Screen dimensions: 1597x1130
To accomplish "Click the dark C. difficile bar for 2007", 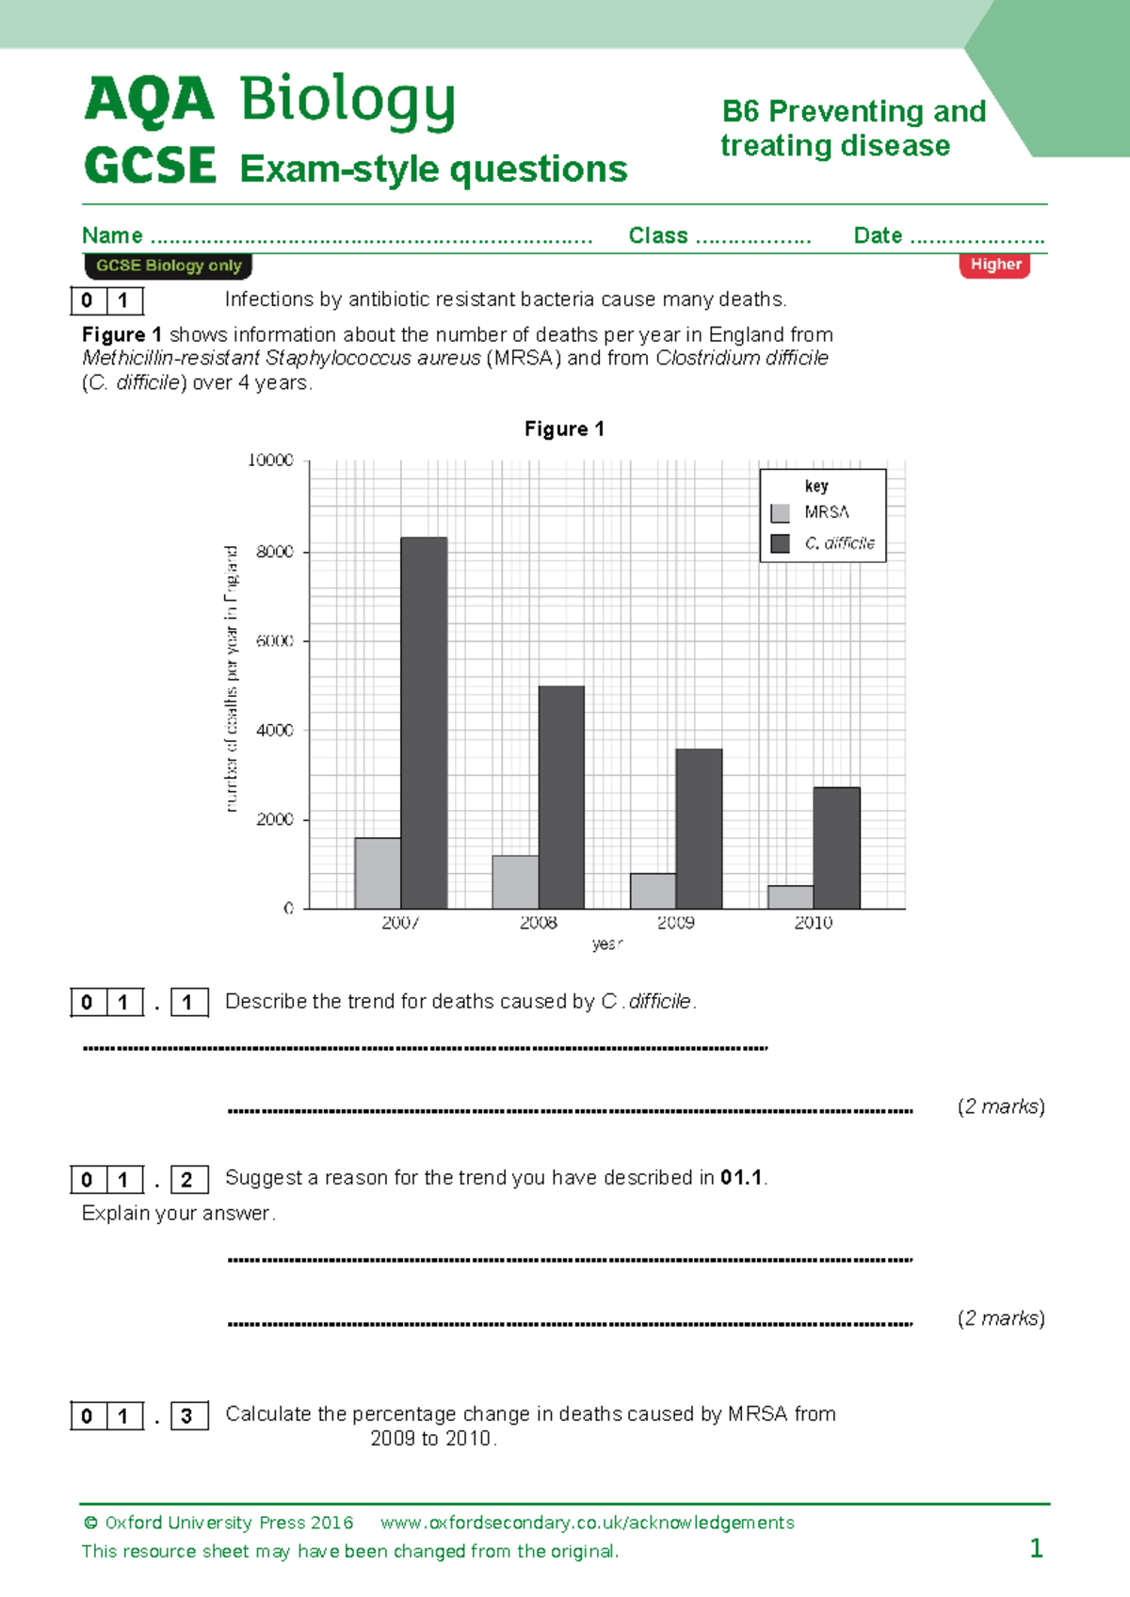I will tap(424, 723).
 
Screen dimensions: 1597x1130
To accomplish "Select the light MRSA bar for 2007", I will tap(378, 873).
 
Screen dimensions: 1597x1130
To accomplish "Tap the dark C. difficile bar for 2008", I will tap(561, 797).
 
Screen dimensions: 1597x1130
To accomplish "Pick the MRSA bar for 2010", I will tap(791, 896).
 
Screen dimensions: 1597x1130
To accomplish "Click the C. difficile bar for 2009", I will tap(699, 829).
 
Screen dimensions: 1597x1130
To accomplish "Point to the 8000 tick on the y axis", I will tap(275, 552).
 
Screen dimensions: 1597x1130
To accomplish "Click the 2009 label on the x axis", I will tap(676, 923).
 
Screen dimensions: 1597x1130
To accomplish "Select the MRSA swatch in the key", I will tap(781, 513).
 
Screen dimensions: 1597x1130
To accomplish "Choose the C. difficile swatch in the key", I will tap(781, 543).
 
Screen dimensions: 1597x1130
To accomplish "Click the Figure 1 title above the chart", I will tap(564, 429).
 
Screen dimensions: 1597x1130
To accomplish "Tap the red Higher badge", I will tap(995, 265).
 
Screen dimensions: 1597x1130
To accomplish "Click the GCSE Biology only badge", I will tap(169, 266).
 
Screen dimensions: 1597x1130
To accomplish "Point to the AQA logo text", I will tap(150, 100).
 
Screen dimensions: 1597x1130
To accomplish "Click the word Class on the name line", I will tap(658, 235).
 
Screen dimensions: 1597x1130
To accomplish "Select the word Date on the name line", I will tap(878, 235).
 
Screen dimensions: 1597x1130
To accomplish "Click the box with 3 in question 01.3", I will tap(187, 1416).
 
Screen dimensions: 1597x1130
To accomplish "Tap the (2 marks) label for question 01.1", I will tap(1001, 1106).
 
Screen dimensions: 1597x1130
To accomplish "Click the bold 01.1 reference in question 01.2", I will tap(741, 1178).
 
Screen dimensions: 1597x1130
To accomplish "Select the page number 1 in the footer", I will tap(1036, 1548).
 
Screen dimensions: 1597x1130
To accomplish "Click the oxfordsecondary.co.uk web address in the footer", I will tap(587, 1523).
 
